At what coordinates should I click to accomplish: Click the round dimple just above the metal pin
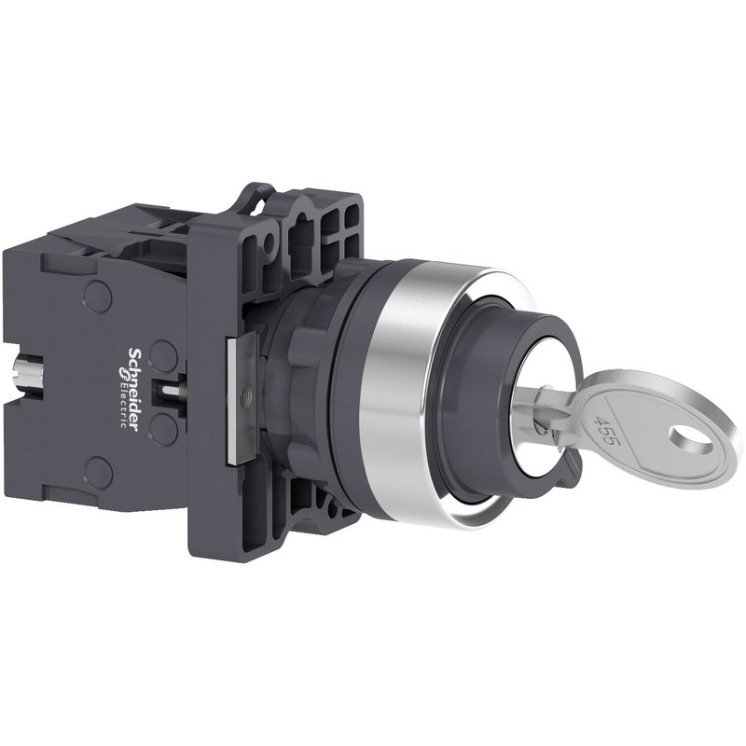[x=162, y=352]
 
